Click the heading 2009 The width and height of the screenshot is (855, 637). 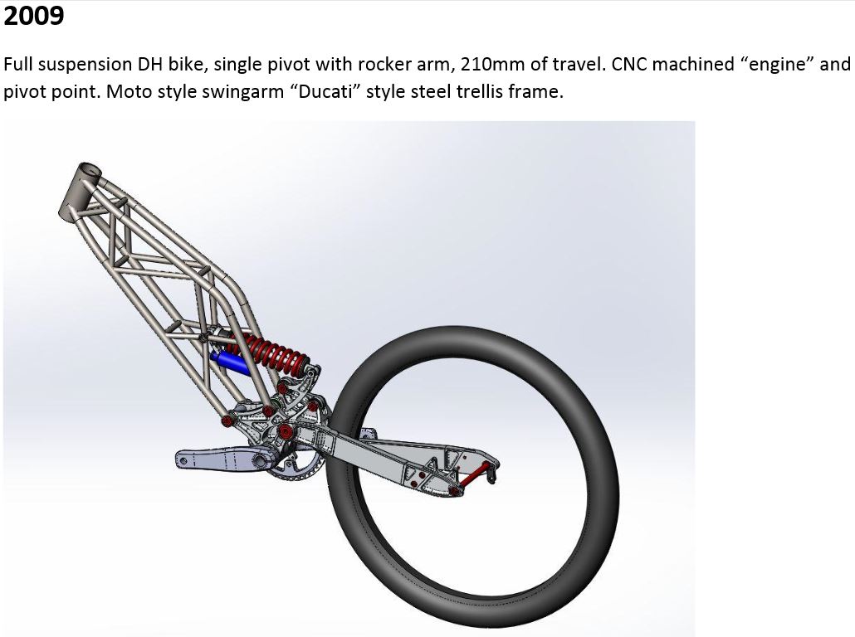[x=34, y=15]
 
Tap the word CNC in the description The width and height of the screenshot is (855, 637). [x=629, y=64]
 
